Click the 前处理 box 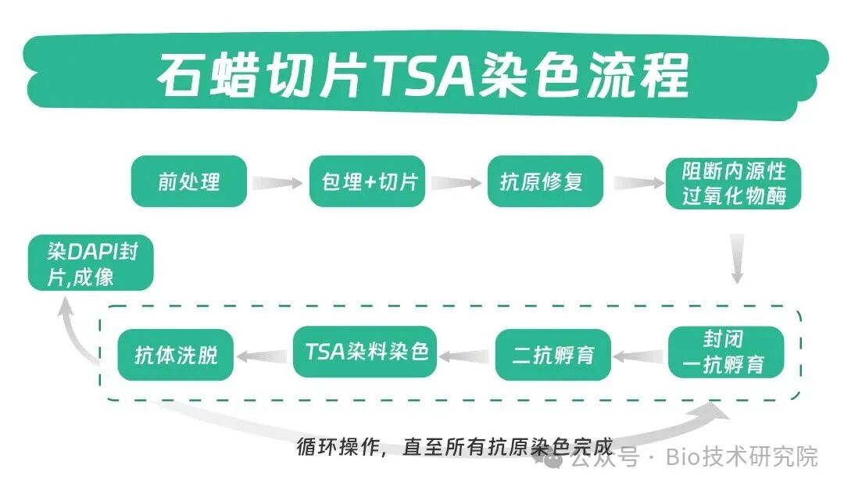(189, 181)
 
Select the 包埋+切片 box (367, 181)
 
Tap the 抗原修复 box (545, 181)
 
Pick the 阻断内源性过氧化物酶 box (733, 184)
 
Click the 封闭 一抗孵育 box (725, 352)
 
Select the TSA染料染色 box (365, 352)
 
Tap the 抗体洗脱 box (176, 355)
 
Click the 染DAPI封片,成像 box (91, 263)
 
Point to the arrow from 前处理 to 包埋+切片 (277, 183)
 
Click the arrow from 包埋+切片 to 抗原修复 (456, 183)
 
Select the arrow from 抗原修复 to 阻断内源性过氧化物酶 (639, 183)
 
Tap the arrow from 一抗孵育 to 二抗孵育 (639, 356)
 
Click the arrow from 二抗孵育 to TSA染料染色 (465, 356)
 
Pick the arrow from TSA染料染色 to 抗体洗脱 (262, 356)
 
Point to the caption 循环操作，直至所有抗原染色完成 (455, 446)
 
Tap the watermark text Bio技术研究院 (742, 457)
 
